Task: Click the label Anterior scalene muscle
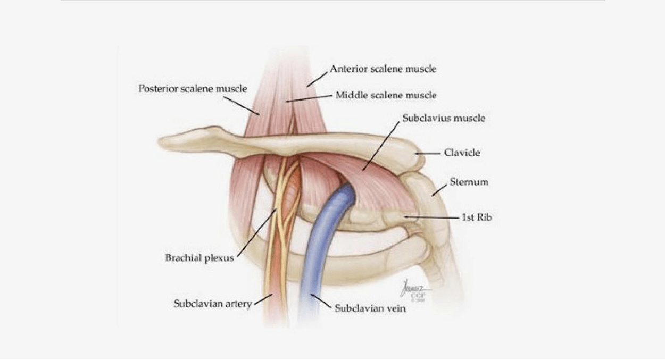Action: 383,69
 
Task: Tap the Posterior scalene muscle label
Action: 193,89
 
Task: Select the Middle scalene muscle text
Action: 386,95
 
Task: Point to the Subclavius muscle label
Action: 444,119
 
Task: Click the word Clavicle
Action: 462,153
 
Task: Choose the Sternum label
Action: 469,182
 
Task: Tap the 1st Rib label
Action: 477,217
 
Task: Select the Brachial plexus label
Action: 199,258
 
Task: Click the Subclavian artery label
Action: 213,304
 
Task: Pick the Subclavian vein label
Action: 370,308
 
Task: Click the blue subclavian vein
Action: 318,252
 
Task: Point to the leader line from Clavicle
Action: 428,154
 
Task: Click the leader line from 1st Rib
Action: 432,217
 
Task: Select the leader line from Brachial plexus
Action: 257,233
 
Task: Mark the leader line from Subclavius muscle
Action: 381,146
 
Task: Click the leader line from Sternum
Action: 439,190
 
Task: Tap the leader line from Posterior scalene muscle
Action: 242,106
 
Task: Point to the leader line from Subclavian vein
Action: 321,301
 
